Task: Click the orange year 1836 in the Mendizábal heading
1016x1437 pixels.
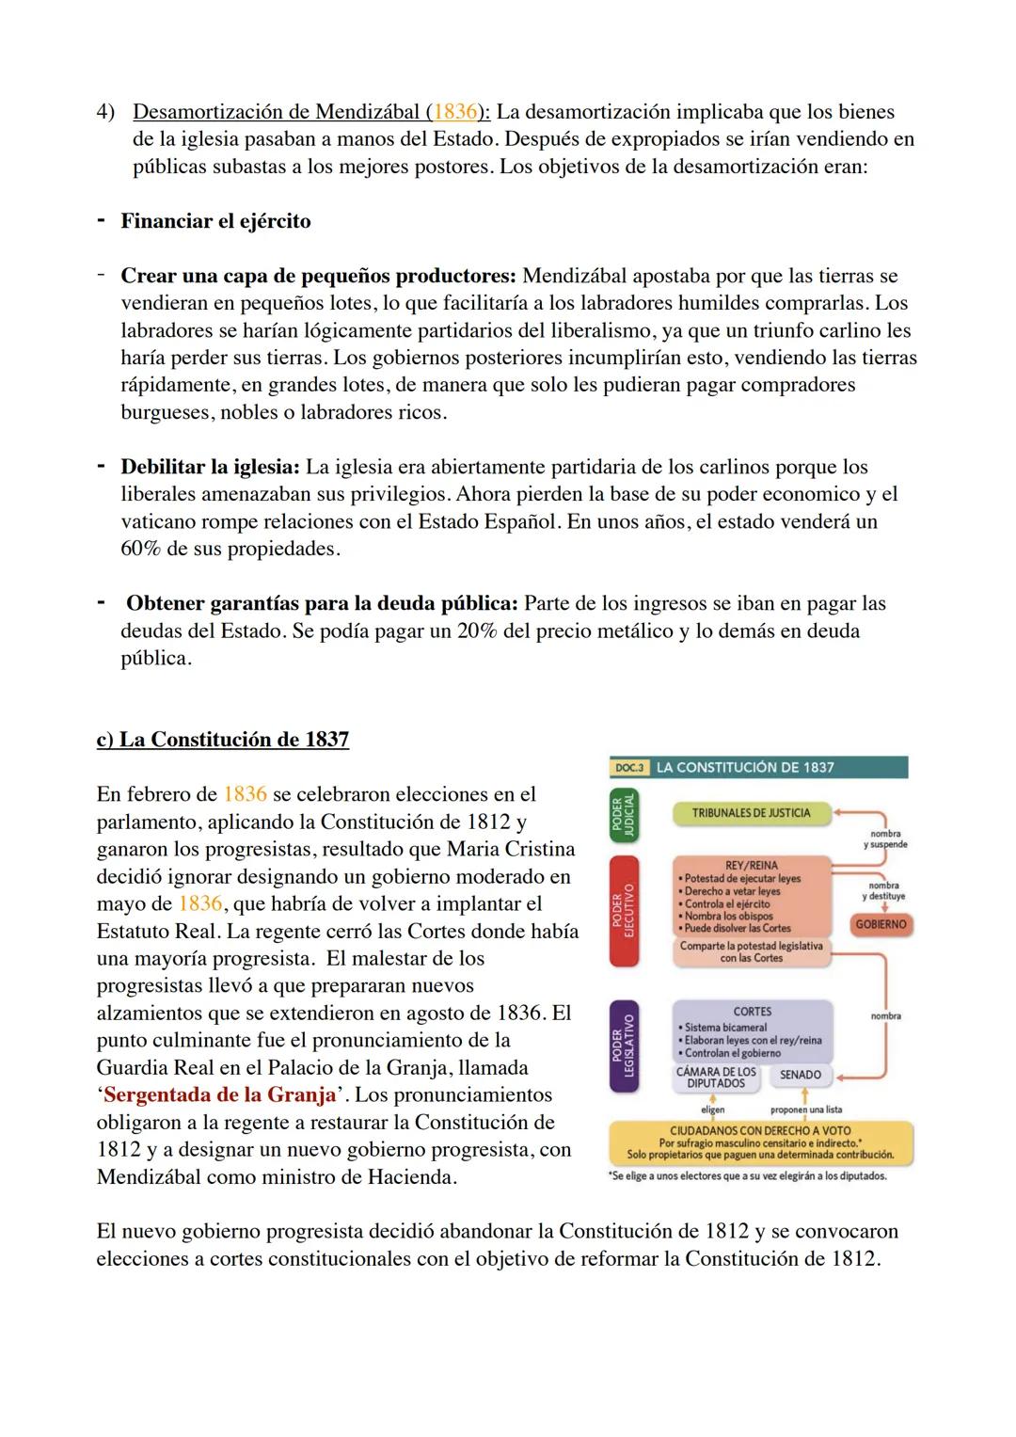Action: (454, 112)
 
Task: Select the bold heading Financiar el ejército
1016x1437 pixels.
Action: (215, 221)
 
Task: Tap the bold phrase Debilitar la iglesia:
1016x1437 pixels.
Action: (210, 467)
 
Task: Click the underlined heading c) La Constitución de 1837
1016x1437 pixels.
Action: (223, 740)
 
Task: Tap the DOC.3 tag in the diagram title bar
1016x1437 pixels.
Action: (630, 768)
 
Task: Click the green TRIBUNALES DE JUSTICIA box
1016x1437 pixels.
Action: (752, 813)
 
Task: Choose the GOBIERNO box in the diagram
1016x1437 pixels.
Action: (881, 925)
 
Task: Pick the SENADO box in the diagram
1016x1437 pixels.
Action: (801, 1075)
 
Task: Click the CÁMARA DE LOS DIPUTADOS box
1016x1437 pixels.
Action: (717, 1078)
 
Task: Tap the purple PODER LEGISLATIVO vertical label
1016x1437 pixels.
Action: (624, 1046)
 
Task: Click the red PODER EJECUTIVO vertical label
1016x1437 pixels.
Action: (624, 911)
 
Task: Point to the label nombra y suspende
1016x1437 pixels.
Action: (885, 839)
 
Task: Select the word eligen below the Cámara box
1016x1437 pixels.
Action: (712, 1110)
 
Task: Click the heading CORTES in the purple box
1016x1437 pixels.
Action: (753, 1012)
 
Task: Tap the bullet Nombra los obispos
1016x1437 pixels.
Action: (728, 916)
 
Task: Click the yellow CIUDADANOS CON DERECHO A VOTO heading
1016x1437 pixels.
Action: (760, 1130)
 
